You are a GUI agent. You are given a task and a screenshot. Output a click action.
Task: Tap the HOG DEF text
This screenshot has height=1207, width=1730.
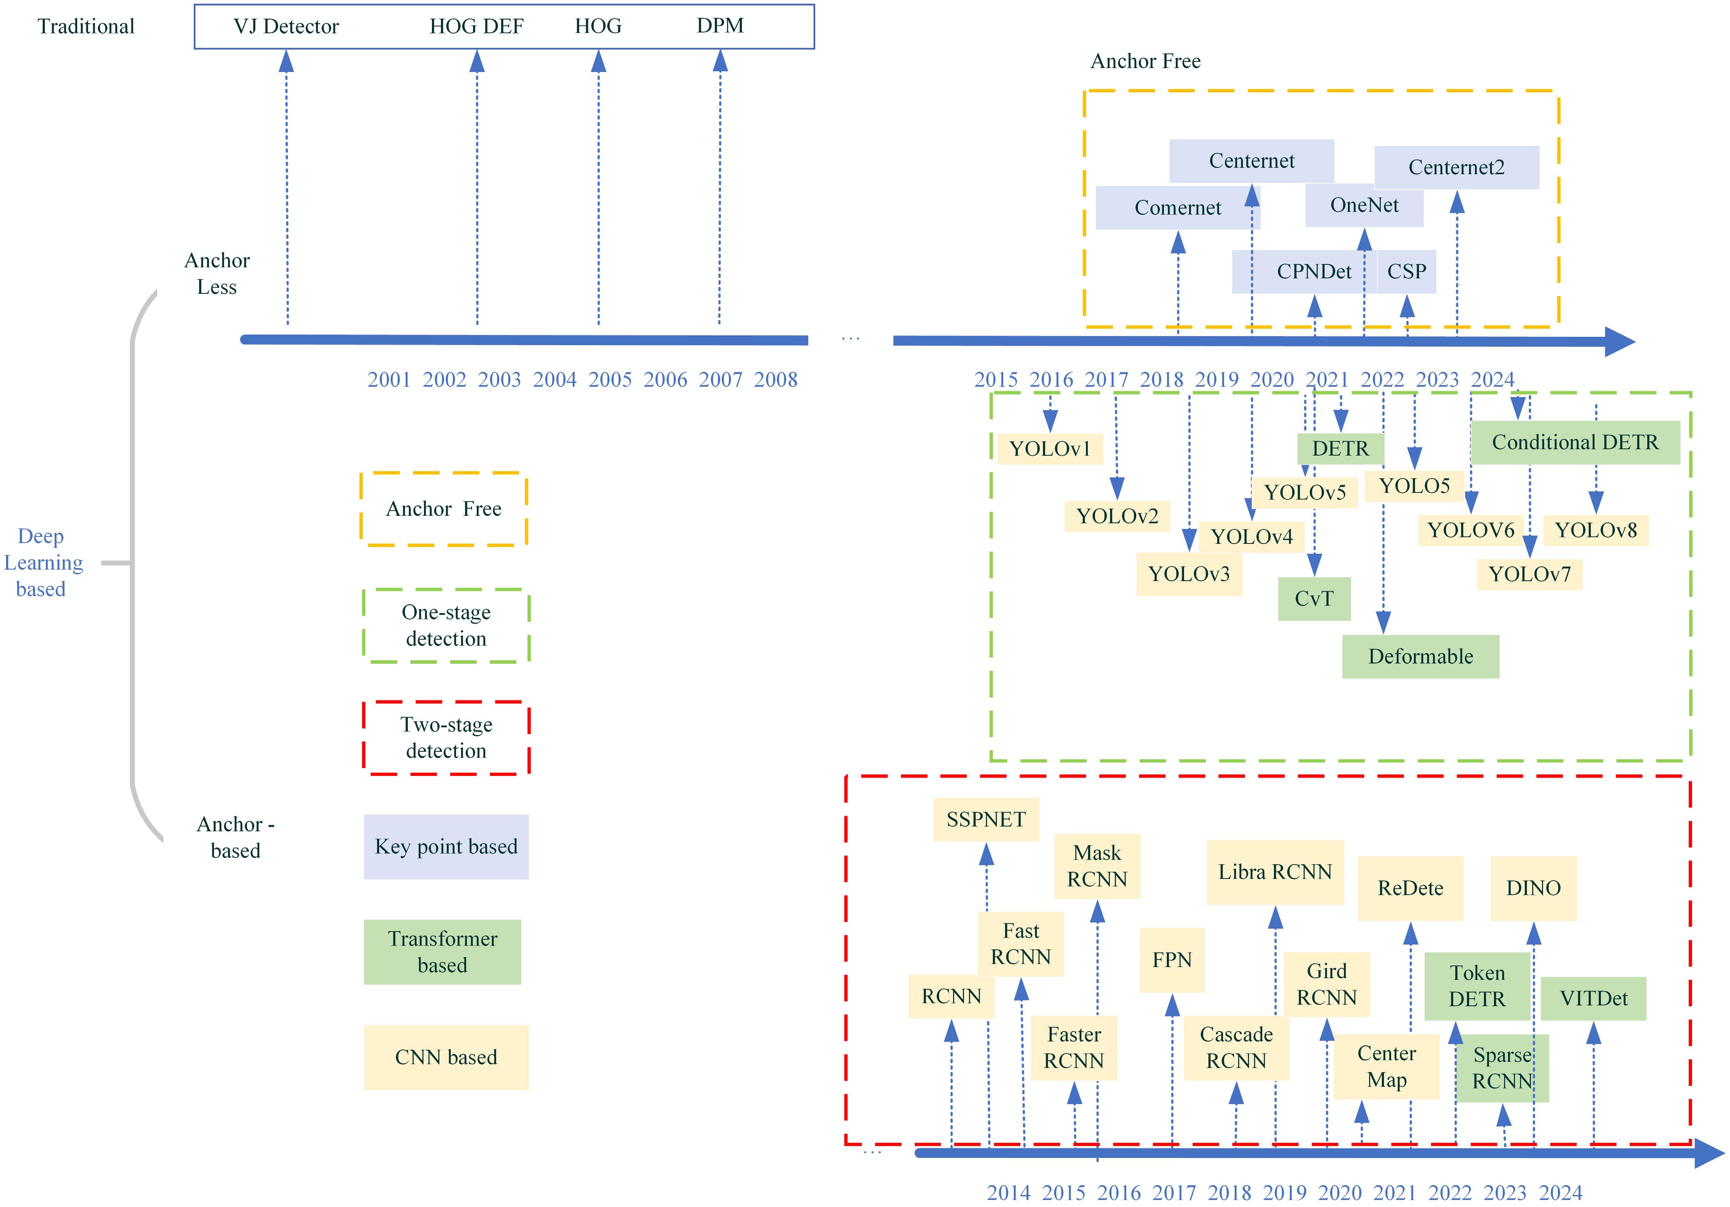[476, 27]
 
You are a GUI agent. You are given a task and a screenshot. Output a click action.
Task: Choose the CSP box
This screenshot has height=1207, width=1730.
[1406, 271]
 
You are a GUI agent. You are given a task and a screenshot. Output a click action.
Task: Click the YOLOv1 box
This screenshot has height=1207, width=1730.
[1049, 449]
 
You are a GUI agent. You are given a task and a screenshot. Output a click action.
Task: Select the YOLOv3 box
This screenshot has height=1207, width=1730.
[1188, 574]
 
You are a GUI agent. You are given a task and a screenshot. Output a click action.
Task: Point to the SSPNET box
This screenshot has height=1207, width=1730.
[986, 820]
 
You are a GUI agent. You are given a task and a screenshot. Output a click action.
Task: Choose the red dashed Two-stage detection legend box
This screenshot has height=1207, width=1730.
[446, 738]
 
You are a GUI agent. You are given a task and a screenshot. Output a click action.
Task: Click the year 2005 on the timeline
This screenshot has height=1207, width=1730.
[610, 380]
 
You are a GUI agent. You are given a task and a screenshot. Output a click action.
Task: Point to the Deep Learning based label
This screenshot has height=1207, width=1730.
[42, 563]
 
